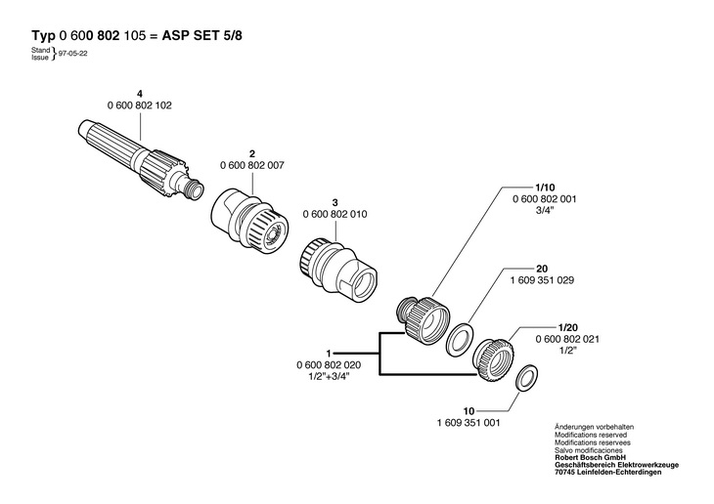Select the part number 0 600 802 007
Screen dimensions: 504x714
tap(252, 165)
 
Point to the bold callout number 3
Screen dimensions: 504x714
tap(335, 201)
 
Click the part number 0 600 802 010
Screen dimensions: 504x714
tap(335, 213)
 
